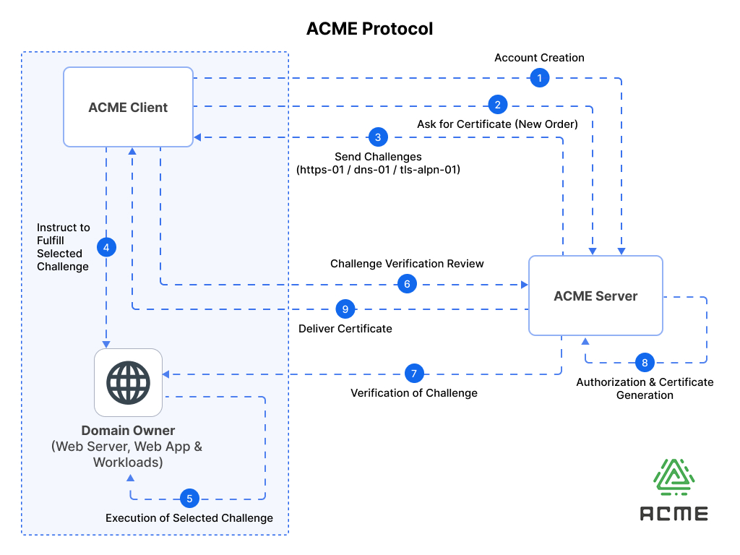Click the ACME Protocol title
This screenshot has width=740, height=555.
[369, 29]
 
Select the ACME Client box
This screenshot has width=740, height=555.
[129, 107]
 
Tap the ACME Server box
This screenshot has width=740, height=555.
[595, 296]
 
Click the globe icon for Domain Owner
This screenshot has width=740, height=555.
[129, 383]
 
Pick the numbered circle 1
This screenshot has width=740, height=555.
[539, 78]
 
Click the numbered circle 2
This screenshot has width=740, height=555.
[497, 105]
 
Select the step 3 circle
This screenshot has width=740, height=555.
[378, 137]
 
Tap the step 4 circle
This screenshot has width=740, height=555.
[107, 247]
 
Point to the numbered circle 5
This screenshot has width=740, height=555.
[190, 499]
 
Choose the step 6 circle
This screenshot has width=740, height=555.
[407, 284]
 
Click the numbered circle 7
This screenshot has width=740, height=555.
[414, 374]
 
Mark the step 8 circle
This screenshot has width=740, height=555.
[645, 363]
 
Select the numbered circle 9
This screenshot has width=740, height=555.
[345, 309]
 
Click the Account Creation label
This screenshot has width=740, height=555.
[539, 58]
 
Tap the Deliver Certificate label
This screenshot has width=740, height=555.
[345, 329]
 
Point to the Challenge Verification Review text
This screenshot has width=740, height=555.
[407, 263]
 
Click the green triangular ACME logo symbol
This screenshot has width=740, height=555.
[674, 477]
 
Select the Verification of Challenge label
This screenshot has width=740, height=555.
[414, 393]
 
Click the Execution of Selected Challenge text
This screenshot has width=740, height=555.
[189, 518]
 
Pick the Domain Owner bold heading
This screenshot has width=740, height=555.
[129, 431]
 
